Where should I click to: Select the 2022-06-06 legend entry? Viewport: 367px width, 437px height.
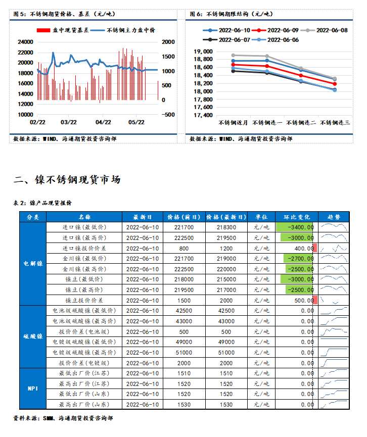coord(283,39)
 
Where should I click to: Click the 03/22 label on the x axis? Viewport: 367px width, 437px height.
coord(69,122)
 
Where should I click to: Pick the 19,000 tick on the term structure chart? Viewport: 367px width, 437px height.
coord(203,51)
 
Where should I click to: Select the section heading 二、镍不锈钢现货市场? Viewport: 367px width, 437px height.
coord(67,179)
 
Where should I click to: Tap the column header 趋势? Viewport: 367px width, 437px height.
coord(334,217)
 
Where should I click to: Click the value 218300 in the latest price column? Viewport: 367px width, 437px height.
coord(226,227)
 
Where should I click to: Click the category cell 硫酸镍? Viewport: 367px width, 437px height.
coord(33,336)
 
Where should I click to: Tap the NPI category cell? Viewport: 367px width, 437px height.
coord(33,389)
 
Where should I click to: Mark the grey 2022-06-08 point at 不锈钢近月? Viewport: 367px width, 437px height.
coord(233,55)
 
